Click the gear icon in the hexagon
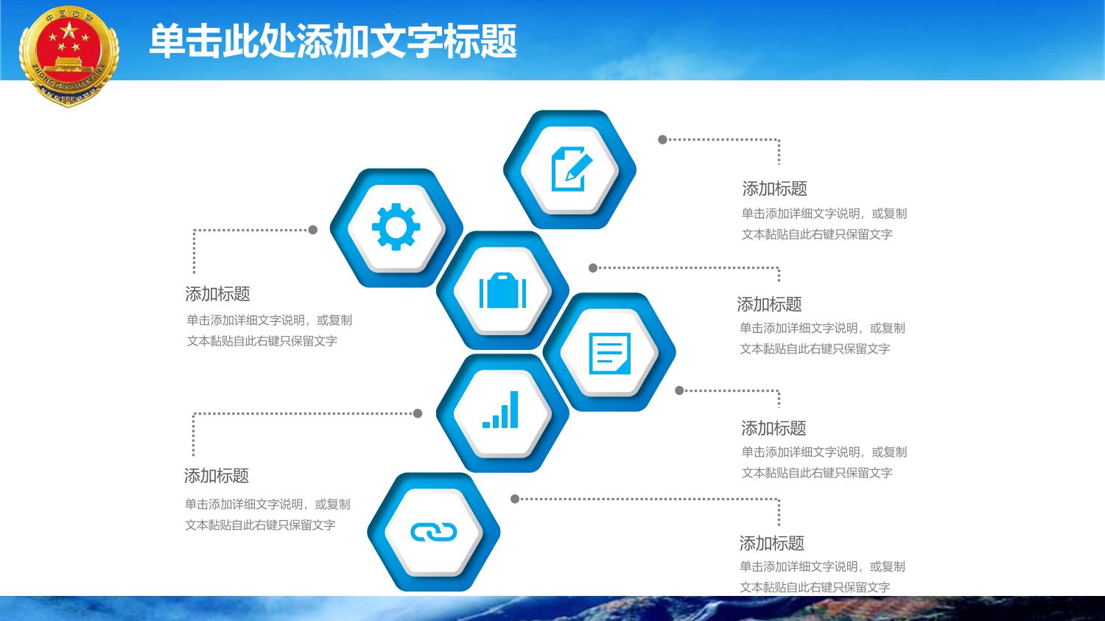(396, 227)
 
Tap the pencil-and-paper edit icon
(571, 169)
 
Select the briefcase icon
(502, 290)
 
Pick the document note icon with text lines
(610, 353)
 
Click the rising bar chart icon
(500, 410)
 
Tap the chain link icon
(434, 532)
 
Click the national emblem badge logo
(69, 56)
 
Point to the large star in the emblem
(69, 31)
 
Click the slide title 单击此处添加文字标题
(333, 41)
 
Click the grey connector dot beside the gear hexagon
(313, 230)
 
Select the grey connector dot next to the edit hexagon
(663, 139)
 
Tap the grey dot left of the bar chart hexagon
(418, 413)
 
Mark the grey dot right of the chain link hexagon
(515, 499)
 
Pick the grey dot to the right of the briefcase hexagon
(594, 268)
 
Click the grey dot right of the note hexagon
(679, 390)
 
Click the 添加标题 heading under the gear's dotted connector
(217, 294)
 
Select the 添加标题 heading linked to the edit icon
(774, 189)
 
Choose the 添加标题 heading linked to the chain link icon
(771, 544)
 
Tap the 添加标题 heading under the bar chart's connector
(217, 476)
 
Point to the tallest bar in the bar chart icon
(514, 410)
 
